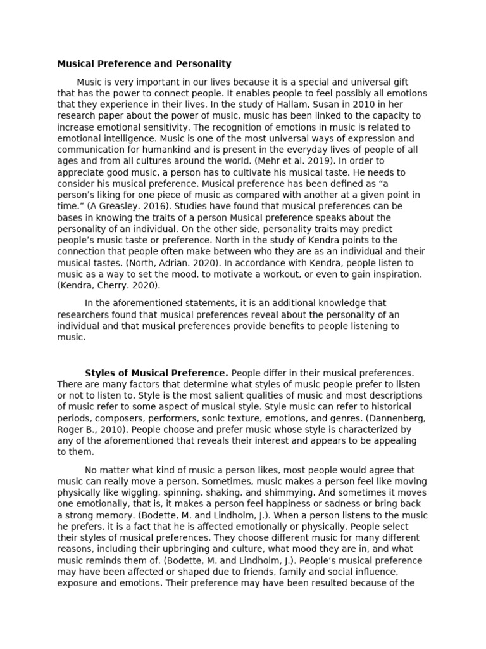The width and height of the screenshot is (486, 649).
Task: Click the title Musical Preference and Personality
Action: pos(144,64)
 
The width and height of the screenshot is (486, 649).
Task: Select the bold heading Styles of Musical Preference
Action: pos(156,373)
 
